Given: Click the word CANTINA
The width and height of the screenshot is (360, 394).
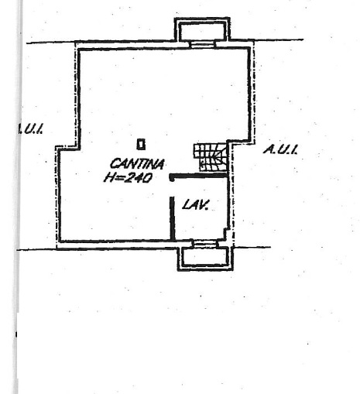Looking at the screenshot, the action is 137,164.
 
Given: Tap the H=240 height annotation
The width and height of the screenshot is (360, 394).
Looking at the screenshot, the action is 128,177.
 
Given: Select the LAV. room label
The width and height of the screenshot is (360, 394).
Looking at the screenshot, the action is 195,205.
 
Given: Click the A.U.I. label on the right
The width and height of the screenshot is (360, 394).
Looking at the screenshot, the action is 280,149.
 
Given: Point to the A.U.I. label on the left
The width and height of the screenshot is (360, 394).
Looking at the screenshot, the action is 30,128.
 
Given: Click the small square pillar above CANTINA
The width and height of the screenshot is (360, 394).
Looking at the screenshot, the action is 141,144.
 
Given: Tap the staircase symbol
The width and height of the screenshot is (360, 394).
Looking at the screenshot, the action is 211,157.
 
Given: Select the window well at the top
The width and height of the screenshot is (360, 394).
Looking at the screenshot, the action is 202,29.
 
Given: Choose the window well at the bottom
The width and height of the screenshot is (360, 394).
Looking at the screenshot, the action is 205,258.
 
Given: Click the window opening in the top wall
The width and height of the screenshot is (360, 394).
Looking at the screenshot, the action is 203,45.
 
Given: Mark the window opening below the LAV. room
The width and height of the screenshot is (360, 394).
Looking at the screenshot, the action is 205,244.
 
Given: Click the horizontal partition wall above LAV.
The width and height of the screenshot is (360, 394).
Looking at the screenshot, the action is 198,176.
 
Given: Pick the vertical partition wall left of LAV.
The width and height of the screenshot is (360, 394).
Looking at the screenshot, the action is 172,218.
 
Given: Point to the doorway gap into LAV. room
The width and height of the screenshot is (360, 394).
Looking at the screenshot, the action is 172,189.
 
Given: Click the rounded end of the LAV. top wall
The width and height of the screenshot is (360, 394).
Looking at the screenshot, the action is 171,177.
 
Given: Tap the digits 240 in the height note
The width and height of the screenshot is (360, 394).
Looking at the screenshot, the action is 138,178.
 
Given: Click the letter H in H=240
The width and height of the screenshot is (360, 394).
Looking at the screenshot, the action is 108,177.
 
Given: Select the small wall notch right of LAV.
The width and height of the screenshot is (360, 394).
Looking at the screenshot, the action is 227,233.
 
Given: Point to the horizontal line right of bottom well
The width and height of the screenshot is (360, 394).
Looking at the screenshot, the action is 252,247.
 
